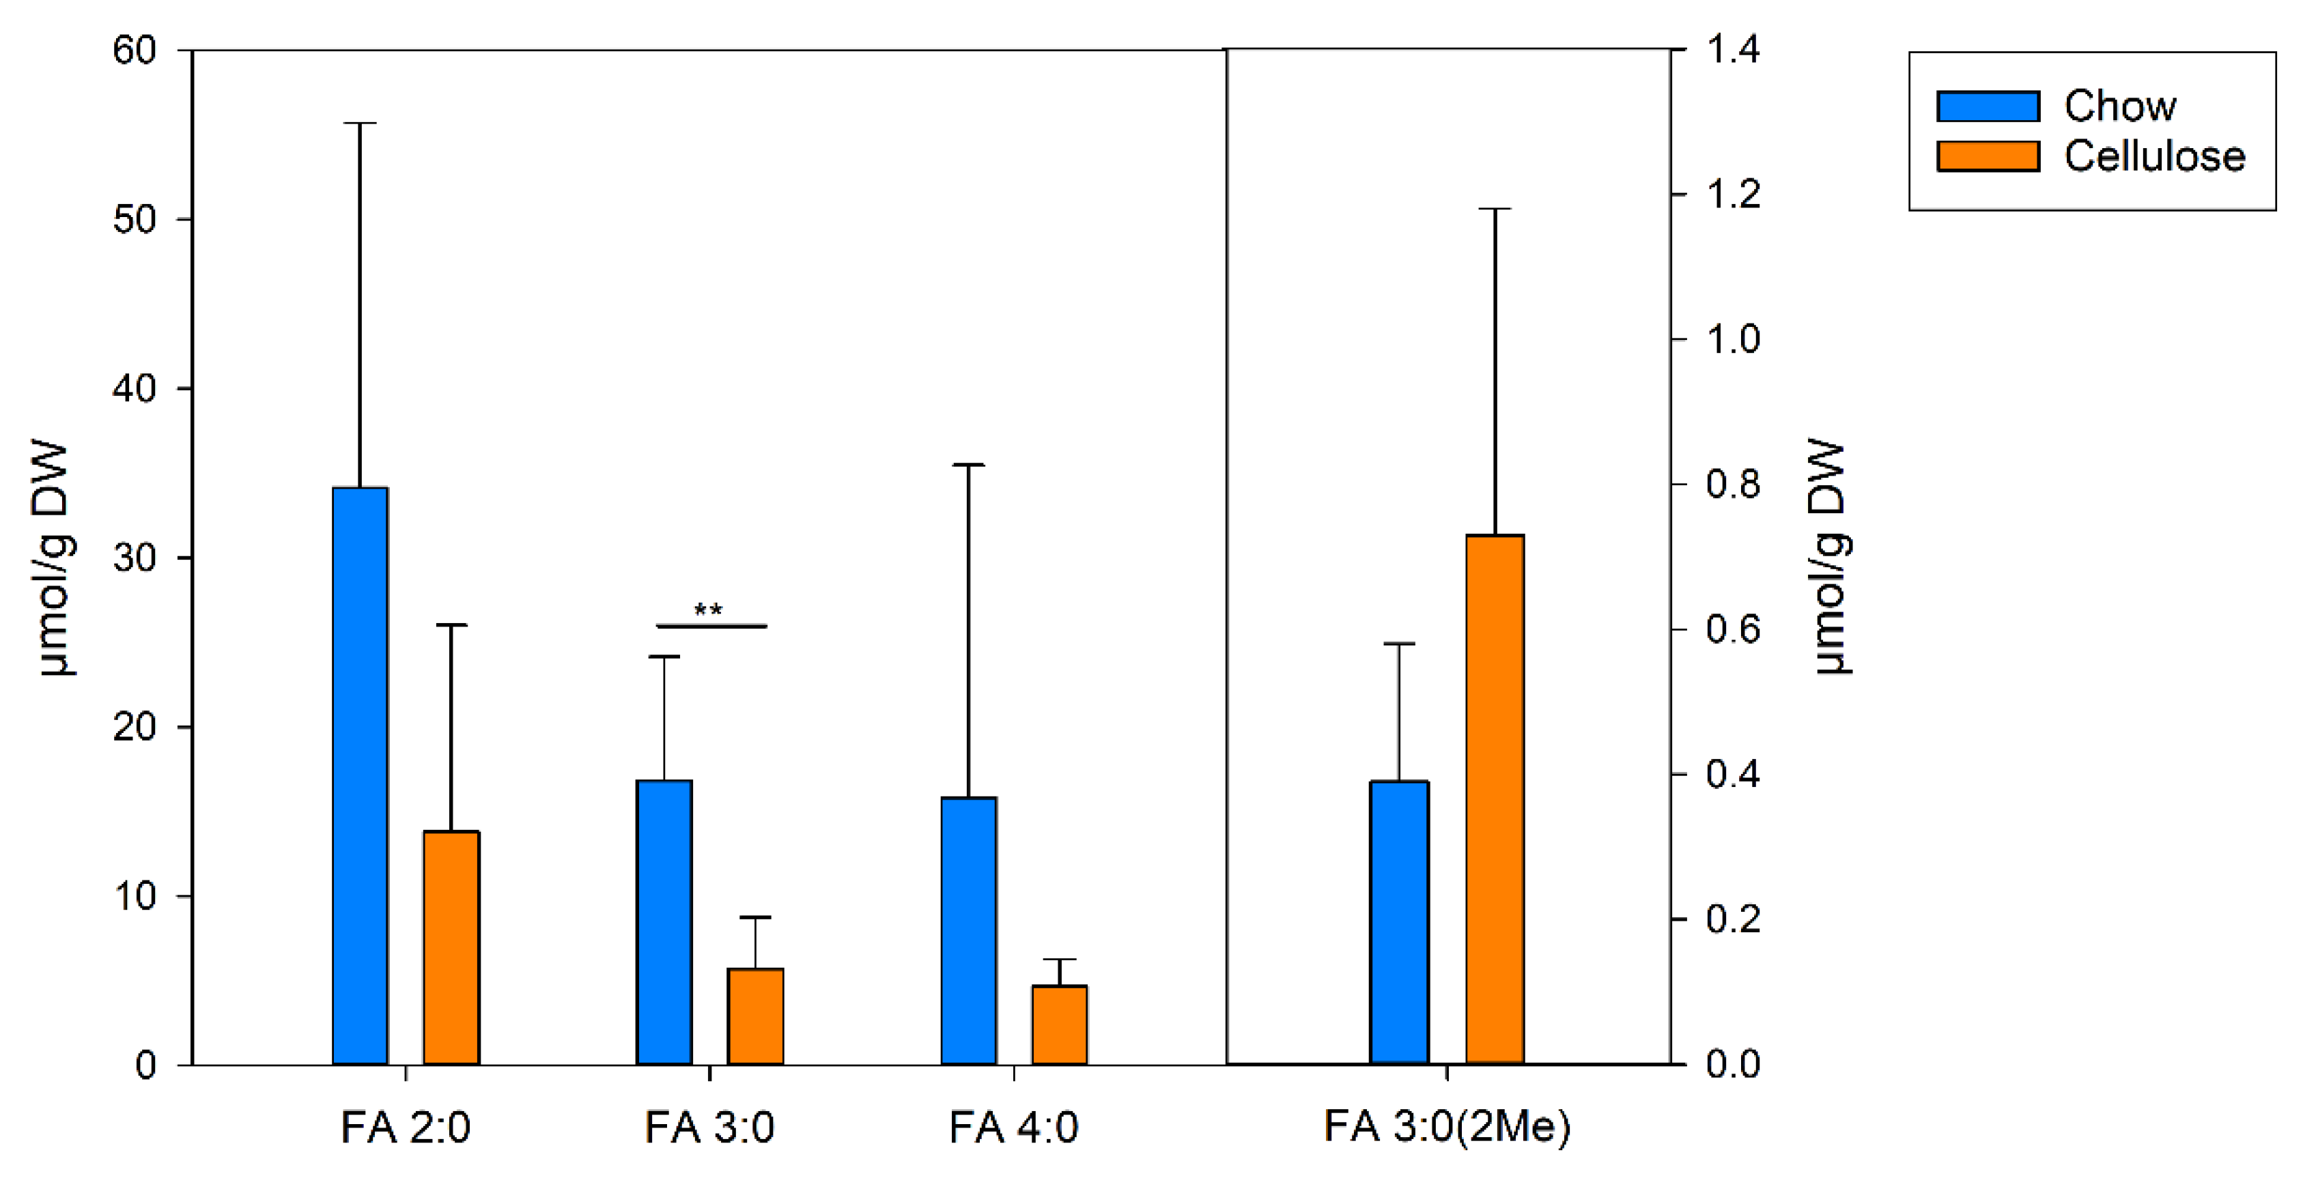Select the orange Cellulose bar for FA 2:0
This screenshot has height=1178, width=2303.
point(451,947)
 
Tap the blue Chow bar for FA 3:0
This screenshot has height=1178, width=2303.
point(664,921)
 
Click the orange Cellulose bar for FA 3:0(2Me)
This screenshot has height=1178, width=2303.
point(1495,799)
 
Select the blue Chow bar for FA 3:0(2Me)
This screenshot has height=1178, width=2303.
point(1399,921)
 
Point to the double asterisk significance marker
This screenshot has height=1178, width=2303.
point(708,612)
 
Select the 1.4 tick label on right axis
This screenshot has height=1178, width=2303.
point(1733,48)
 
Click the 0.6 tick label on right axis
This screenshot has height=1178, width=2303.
point(1733,629)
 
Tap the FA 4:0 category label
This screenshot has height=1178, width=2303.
point(1013,1127)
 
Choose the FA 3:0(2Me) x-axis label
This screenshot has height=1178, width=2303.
point(1447,1126)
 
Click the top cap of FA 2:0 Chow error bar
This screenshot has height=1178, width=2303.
point(361,124)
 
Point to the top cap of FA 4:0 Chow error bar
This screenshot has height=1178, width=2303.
point(968,465)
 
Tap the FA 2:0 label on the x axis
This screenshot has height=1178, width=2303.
point(405,1127)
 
